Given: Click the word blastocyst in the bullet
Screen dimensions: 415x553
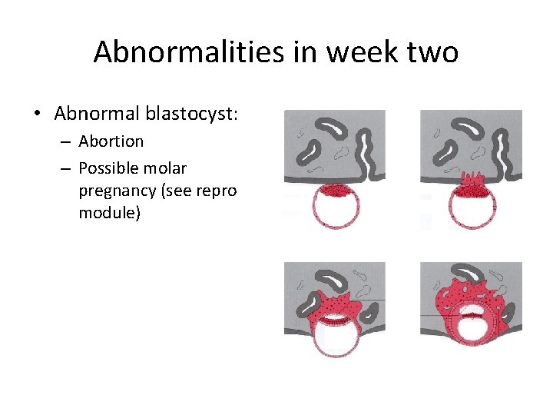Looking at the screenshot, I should (198, 114).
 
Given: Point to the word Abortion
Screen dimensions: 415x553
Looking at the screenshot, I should (111, 141).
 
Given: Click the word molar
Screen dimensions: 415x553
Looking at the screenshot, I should (169, 168).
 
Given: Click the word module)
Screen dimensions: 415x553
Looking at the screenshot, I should (109, 211).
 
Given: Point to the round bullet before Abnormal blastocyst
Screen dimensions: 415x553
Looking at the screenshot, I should (37, 115).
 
